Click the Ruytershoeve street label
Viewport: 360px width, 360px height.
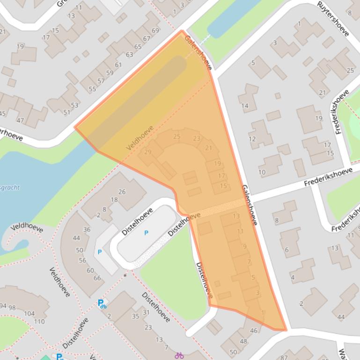click(333, 19)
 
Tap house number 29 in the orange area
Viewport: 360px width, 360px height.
click(148, 152)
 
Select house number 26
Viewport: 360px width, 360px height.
click(122, 191)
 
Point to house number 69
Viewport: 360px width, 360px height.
click(155, 31)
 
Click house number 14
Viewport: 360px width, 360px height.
click(245, 106)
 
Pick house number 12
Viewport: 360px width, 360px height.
click(252, 139)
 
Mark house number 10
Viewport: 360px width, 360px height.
click(262, 172)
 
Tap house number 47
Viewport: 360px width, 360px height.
click(20, 120)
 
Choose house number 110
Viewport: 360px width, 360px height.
click(39, 321)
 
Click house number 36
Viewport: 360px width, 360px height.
click(87, 230)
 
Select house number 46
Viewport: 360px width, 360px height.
click(254, 331)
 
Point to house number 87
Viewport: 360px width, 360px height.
click(284, 358)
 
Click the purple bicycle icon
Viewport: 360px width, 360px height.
click(179, 356)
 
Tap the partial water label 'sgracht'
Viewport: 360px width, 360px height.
click(10, 187)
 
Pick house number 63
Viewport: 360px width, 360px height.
click(129, 55)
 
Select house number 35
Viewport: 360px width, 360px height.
click(136, 316)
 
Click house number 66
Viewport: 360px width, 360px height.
click(97, 278)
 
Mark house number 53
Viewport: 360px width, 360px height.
click(75, 105)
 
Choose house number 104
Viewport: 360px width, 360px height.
click(29, 314)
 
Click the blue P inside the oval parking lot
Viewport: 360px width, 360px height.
click(146, 233)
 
